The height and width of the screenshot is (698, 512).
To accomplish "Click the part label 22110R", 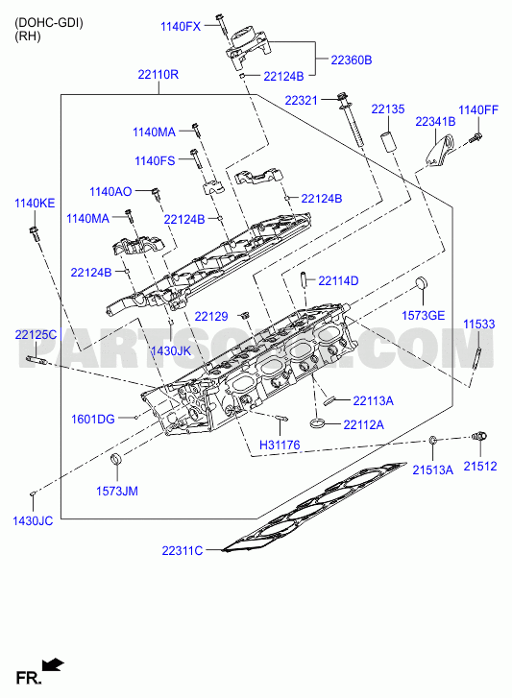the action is coord(158,74).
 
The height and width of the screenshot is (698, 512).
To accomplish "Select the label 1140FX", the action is coord(181,27).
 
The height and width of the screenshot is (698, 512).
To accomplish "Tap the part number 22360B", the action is coord(352,60).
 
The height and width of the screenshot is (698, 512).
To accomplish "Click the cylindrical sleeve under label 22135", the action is coord(387,141).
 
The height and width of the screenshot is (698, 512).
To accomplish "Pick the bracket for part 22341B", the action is coord(440,153).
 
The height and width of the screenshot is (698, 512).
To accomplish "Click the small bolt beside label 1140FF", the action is coord(475,137).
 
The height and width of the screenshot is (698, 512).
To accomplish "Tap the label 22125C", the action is coord(36,334).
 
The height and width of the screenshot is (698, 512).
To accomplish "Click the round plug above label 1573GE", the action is coord(421,283).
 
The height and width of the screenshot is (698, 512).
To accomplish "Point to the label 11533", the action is coord(478,325).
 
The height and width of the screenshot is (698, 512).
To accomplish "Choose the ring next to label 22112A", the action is coord(317,422).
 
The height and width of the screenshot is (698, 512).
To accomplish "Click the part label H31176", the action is coord(280,445).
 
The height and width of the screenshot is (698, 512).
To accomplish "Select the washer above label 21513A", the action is coord(432,441).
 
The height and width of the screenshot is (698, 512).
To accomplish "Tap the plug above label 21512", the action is coord(479,436).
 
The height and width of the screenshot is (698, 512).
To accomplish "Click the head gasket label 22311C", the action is coord(183,551).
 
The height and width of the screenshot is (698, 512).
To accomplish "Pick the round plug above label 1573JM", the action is coord(116,458).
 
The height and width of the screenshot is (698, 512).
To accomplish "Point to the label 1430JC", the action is coord(33,520).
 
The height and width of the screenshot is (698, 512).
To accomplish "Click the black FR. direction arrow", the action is coord(53,665).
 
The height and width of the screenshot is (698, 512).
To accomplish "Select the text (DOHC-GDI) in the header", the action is coord(49,23).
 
